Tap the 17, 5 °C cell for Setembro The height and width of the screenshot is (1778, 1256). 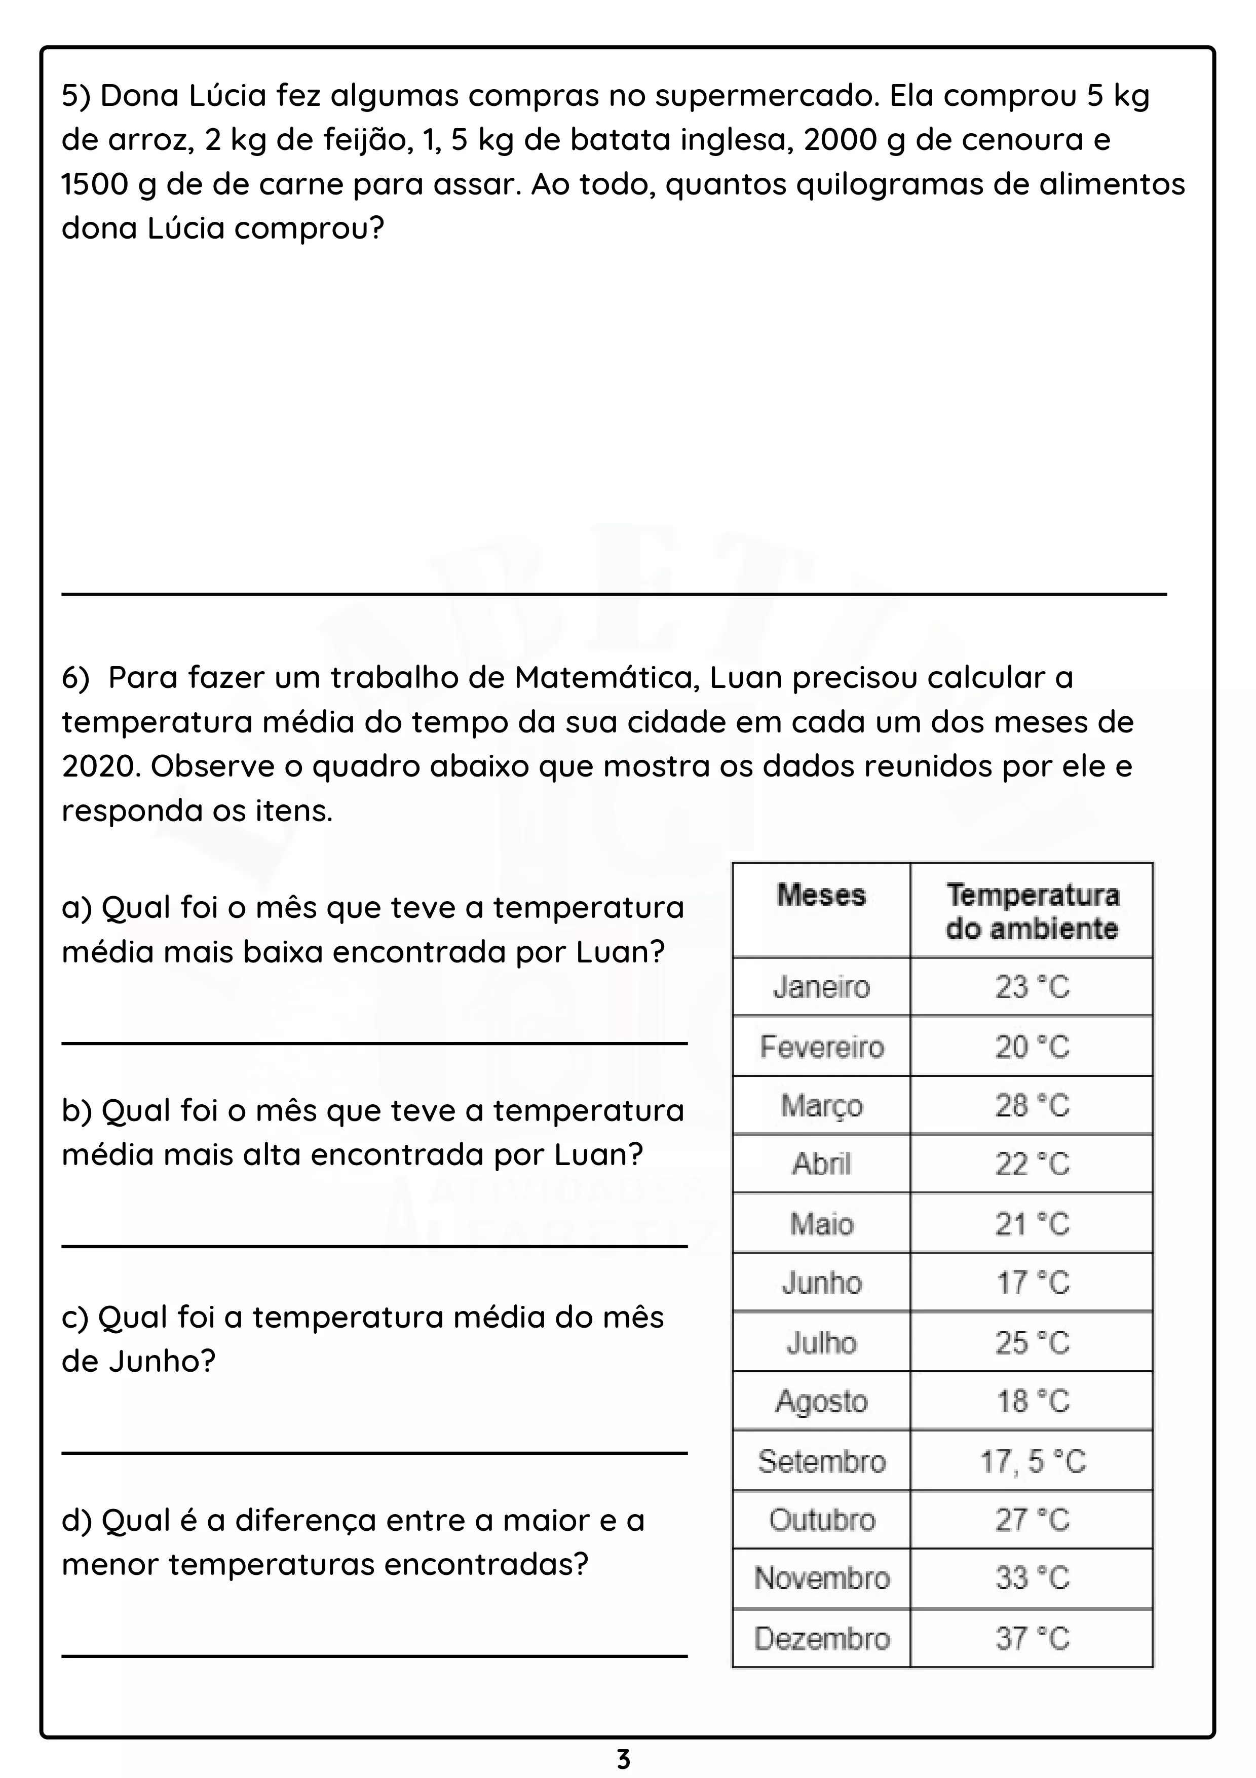pyautogui.click(x=1032, y=1461)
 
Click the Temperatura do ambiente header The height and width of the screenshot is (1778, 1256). pyautogui.click(x=1032, y=911)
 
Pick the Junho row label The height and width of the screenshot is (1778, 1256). pyautogui.click(x=822, y=1283)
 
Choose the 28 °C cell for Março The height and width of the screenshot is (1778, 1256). pyautogui.click(x=1032, y=1106)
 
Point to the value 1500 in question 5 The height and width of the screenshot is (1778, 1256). pyautogui.click(x=94, y=184)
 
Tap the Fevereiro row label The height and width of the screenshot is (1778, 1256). pyautogui.click(x=822, y=1047)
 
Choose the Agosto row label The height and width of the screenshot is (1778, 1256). pyautogui.click(x=822, y=1401)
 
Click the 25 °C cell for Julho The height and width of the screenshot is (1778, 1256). pyautogui.click(x=1032, y=1343)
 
